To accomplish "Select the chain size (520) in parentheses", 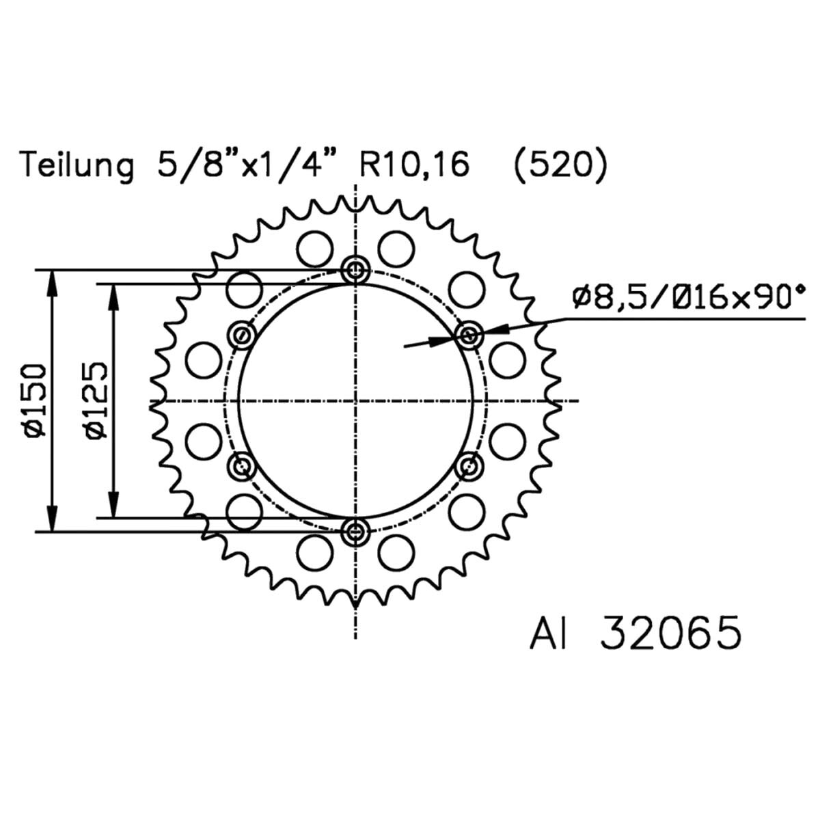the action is pyautogui.click(x=560, y=165).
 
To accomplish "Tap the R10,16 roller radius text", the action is pyautogui.click(x=415, y=165).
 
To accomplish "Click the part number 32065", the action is pyautogui.click(x=671, y=648).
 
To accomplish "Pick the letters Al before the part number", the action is pyautogui.click(x=549, y=648).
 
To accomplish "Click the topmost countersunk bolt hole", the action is pyautogui.click(x=355, y=269).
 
